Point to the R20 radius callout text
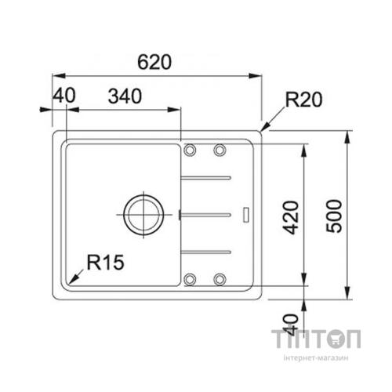tap(304, 100)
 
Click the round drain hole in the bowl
tap(142, 212)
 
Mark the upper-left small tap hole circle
tap(191, 150)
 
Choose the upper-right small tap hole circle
tap(220, 150)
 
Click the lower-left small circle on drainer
tap(191, 278)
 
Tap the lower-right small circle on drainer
tap(220, 278)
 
